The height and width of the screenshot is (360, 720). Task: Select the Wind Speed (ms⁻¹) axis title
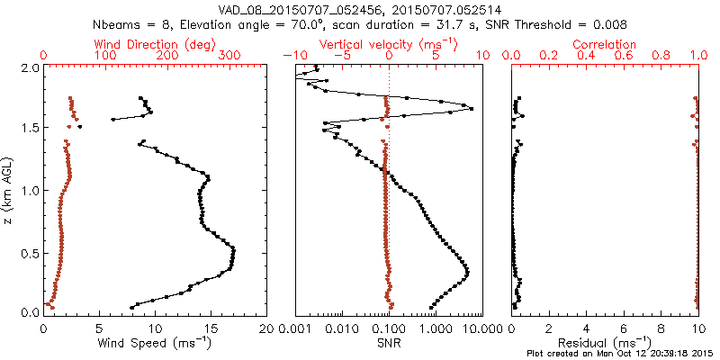pyautogui.click(x=155, y=344)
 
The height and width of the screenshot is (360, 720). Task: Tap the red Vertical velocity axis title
pyautogui.click(x=389, y=44)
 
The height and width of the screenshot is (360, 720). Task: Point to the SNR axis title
pyautogui.click(x=389, y=344)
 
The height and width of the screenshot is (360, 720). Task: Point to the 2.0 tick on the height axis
pyautogui.click(x=29, y=67)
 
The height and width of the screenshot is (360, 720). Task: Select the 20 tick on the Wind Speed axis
pyautogui.click(x=265, y=328)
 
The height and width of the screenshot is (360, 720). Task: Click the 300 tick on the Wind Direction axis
pyautogui.click(x=229, y=56)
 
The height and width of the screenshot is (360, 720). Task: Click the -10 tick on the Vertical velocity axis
pyautogui.click(x=294, y=56)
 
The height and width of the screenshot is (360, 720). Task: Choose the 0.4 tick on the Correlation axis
pyautogui.click(x=586, y=56)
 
